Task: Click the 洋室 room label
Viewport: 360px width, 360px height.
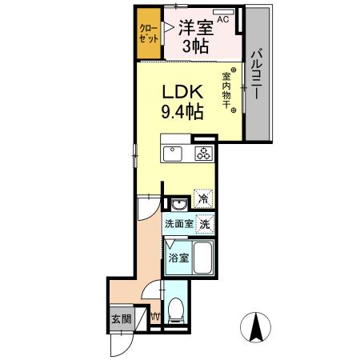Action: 194,27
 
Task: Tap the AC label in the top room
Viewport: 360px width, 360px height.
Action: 222,18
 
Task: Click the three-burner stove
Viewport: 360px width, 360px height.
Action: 204,154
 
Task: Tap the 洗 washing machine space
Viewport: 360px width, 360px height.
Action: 206,225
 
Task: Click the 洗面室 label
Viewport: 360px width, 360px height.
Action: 179,225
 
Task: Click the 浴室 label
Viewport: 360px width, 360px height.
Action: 178,258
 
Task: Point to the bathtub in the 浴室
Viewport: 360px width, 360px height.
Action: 202,259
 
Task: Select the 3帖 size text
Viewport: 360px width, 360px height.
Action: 195,46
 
